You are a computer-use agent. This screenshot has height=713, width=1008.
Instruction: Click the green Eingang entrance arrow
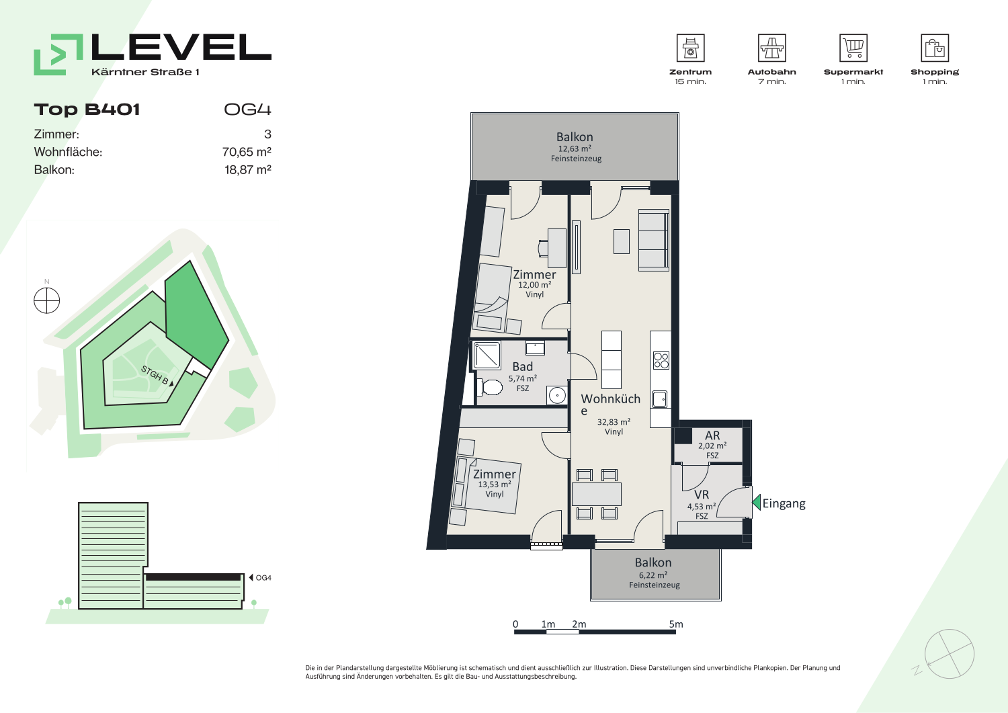pos(757,503)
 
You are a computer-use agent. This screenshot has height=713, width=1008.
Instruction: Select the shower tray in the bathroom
pos(487,355)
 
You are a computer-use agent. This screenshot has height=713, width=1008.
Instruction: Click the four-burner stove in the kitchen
pos(661,361)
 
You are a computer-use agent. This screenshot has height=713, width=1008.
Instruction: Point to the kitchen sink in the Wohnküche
pos(660,399)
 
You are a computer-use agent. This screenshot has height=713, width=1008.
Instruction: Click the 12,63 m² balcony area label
pos(575,149)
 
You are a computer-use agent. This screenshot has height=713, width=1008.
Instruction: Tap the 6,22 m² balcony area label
pos(653,575)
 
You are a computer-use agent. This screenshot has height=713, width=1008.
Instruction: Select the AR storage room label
pos(712,435)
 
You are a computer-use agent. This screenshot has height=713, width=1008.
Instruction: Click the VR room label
pos(702,495)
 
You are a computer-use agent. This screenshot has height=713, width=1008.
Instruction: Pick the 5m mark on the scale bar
pos(676,624)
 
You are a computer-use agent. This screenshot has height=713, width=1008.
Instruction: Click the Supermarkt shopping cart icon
pos(853,48)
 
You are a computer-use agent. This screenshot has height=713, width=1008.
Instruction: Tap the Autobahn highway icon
pos(771,48)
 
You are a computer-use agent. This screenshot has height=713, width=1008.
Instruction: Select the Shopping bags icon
pos(935,48)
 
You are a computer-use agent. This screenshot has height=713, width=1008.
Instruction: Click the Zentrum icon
pos(690,48)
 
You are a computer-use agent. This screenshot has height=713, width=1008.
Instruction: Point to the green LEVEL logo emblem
pos(58,54)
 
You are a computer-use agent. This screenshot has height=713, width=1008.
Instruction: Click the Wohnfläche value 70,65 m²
pos(247,152)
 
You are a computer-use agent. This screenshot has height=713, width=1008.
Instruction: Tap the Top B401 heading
pos(87,110)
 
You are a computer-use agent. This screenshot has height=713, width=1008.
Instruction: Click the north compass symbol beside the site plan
pos(47,300)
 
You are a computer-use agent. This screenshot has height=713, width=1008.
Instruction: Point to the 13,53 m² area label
pos(494,485)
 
